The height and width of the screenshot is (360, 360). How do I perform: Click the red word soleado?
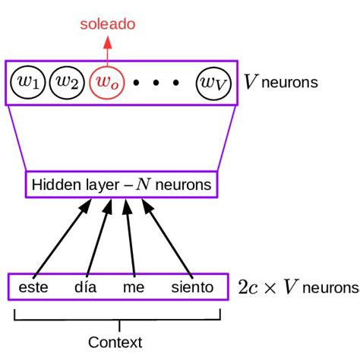click(108, 25)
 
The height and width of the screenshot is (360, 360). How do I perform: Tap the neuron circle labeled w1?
click(29, 83)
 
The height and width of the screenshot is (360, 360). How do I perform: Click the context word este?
click(33, 288)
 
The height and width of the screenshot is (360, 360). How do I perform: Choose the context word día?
click(86, 288)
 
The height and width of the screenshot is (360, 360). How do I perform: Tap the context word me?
click(134, 288)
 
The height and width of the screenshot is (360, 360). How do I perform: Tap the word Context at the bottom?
click(115, 342)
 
